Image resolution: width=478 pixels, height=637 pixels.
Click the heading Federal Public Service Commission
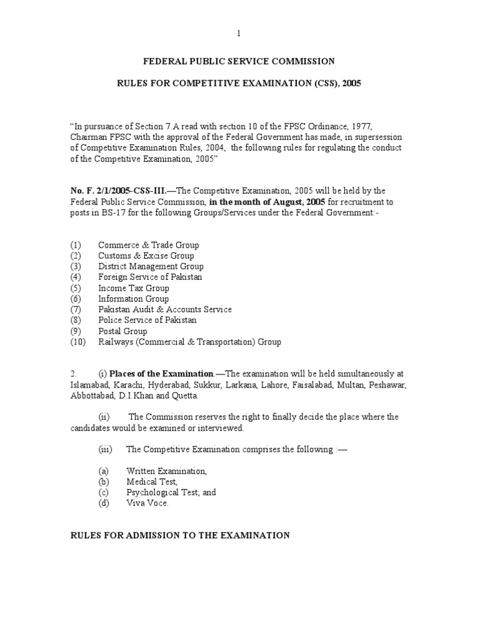coord(239,61)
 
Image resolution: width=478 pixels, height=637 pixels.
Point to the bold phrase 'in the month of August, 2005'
coord(267,202)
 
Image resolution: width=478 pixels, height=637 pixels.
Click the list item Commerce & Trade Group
coord(148,245)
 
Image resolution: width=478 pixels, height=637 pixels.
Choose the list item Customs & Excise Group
coord(146,256)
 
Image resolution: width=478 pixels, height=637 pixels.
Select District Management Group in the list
coord(151,266)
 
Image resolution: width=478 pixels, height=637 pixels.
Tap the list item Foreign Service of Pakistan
coord(150,277)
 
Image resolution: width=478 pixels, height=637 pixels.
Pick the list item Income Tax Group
coord(133,288)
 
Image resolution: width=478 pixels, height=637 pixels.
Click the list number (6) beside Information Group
coord(76,299)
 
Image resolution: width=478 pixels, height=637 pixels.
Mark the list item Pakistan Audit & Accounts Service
coord(164,309)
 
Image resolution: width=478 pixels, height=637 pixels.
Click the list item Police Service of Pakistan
coord(147,320)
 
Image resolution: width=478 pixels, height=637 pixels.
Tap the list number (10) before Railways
coord(78,342)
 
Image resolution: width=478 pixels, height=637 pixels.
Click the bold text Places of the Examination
coord(161,374)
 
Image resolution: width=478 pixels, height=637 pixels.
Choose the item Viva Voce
coord(147,503)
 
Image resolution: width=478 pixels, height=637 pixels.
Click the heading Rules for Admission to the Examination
coord(179,535)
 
